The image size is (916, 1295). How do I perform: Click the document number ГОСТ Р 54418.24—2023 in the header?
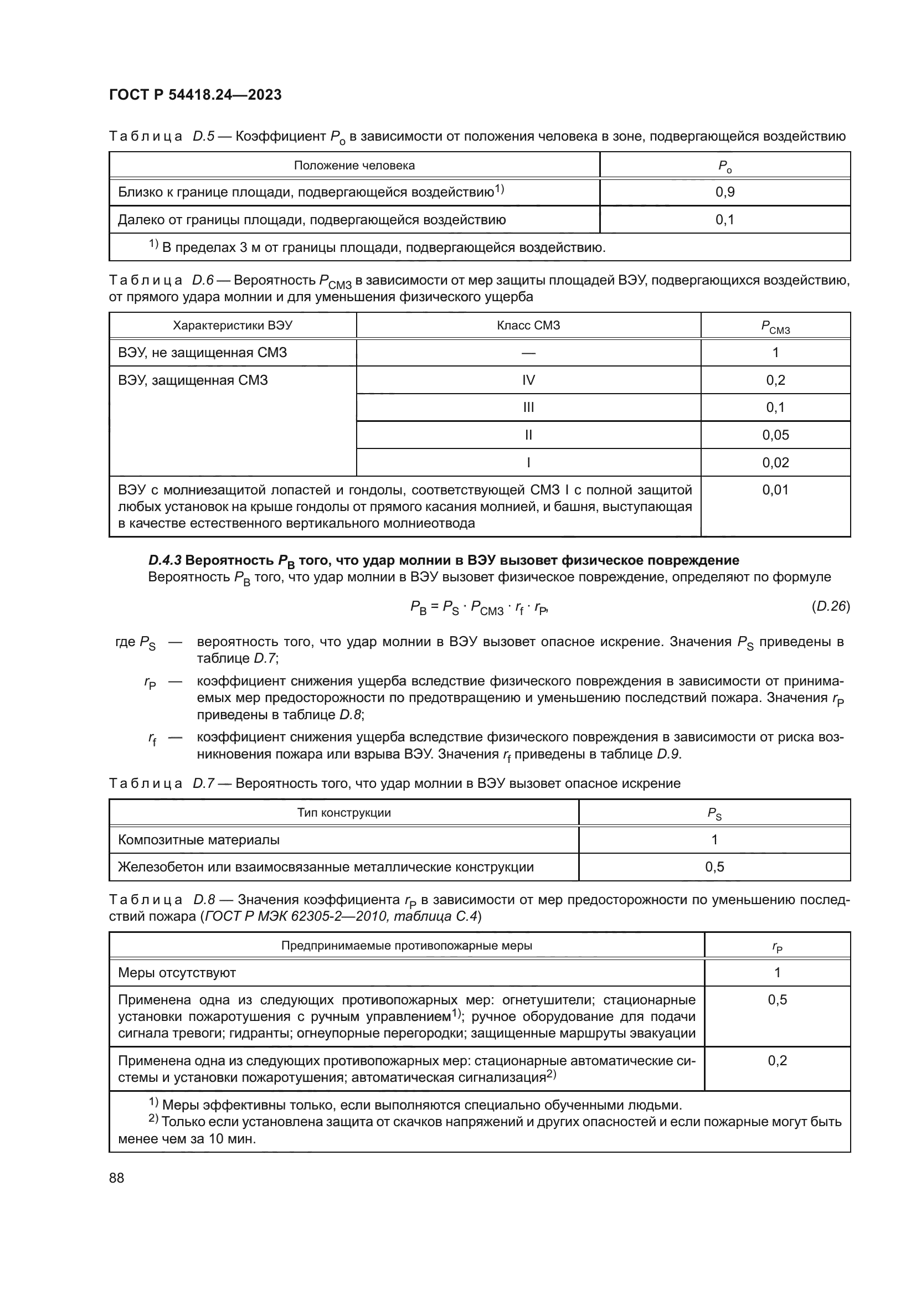point(195,95)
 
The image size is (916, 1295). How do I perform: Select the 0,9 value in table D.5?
point(725,192)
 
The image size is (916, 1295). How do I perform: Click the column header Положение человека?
point(354,165)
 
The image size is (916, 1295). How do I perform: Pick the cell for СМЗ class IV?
point(528,380)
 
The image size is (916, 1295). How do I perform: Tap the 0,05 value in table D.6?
point(775,435)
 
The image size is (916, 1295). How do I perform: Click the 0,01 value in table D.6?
point(775,490)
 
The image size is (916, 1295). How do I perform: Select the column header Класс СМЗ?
point(528,326)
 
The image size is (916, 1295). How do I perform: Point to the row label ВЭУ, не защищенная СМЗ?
point(203,353)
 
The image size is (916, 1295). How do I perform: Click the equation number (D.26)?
point(830,606)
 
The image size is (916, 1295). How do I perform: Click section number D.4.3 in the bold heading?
point(164,560)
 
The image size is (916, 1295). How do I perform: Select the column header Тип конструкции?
point(343,813)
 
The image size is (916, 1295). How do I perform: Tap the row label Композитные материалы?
point(199,840)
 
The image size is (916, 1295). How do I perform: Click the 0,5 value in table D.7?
point(714,867)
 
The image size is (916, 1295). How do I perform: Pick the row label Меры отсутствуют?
point(177,972)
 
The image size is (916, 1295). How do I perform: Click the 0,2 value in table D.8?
point(777,1060)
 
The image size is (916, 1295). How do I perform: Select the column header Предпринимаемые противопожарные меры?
point(406,945)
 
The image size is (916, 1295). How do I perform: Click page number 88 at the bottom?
point(117,1178)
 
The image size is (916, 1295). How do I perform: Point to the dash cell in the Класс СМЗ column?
point(528,353)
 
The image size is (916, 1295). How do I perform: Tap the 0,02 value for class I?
point(775,462)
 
